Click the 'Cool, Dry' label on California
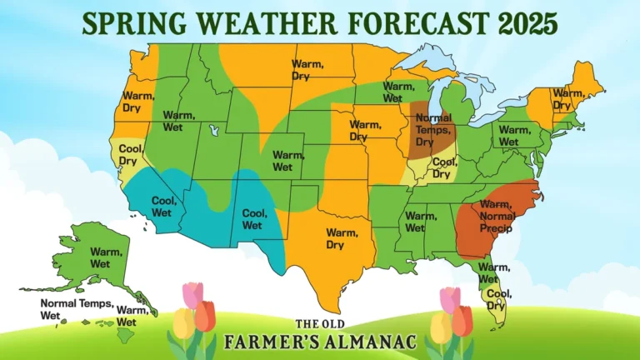coord(128,154)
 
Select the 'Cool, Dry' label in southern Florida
coord(498,298)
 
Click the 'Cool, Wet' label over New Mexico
coord(253,218)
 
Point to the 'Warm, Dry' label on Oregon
coord(137,102)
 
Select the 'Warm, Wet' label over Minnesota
coord(397,92)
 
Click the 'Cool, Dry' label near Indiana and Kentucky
coord(444,167)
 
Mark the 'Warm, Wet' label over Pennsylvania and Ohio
coord(513,136)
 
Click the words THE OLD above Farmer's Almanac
coord(319,324)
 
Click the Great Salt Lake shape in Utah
coord(214,130)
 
